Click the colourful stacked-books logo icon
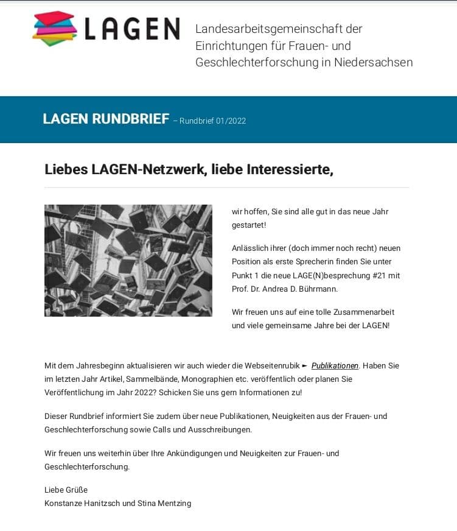coord(55,29)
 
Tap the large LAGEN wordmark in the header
coord(132,29)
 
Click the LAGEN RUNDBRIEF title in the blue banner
coord(106,119)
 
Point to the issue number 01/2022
coord(231,121)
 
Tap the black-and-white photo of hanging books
coord(128,260)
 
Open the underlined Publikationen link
coord(335,365)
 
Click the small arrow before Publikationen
coord(305,365)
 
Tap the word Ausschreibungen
coord(217,429)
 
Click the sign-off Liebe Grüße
coord(66,490)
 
